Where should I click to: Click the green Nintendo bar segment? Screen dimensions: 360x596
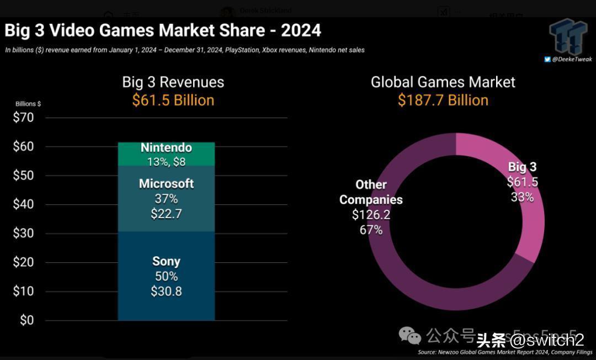166,154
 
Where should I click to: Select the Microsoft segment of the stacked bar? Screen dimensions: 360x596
166,199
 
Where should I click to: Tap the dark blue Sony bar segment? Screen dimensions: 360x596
166,276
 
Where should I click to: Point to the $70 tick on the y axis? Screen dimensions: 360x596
23,118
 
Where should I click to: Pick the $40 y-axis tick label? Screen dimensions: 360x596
23,204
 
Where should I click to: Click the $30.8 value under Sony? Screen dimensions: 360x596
166,291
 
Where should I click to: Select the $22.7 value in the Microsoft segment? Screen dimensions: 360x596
166,214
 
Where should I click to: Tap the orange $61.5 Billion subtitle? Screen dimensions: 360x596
173,100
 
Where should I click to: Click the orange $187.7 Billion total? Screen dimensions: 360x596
443,100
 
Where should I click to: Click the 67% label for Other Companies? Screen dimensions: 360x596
371,230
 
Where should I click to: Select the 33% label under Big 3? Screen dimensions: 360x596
522,197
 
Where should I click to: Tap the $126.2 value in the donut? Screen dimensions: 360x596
371,215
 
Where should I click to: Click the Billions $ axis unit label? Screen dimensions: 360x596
28,104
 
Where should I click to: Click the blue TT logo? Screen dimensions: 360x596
568,36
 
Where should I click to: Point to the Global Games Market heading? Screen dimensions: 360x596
443,82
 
